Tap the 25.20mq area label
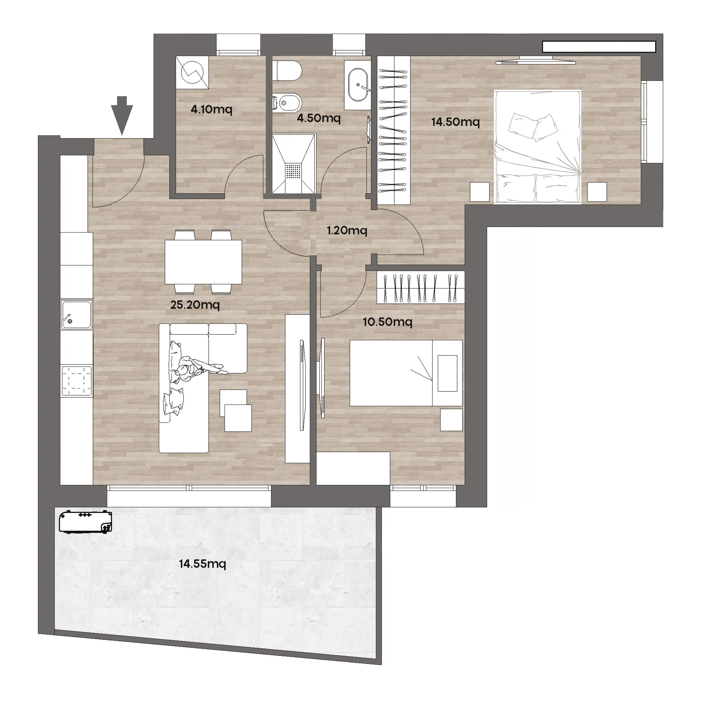195,304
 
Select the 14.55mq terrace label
202,564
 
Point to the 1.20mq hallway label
347,230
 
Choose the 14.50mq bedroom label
456,122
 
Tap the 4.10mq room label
211,109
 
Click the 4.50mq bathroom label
319,118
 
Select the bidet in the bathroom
287,103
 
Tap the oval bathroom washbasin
358,85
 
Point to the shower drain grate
294,171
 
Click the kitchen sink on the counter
76,315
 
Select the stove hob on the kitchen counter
77,381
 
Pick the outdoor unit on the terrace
85,522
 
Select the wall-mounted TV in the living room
302,385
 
